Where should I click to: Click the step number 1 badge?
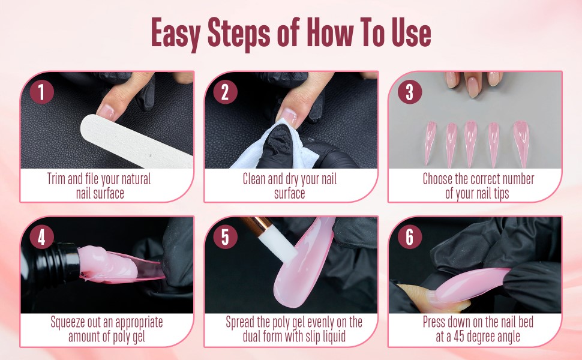click(41, 92)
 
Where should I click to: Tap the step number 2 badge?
click(225, 92)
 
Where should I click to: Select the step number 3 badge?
click(409, 92)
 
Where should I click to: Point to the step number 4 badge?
click(41, 237)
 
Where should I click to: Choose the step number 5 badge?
click(225, 237)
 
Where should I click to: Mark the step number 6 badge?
click(409, 237)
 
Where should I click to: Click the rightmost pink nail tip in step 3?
click(520, 142)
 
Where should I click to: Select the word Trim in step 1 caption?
click(59, 179)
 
